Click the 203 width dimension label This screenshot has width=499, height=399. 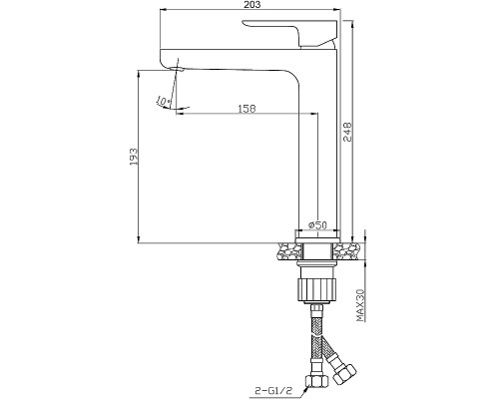[251, 4]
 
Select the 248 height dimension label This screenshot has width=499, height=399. [347, 132]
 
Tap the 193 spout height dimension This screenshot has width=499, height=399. [133, 157]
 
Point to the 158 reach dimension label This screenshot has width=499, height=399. [247, 109]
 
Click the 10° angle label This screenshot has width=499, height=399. [164, 101]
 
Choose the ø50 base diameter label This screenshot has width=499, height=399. [317, 225]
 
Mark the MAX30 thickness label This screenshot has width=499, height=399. [360, 305]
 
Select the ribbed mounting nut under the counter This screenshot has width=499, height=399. [316, 289]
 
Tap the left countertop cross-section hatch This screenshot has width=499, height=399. [287, 250]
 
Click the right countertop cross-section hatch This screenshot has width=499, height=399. [346, 250]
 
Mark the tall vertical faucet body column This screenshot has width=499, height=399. [317, 143]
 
